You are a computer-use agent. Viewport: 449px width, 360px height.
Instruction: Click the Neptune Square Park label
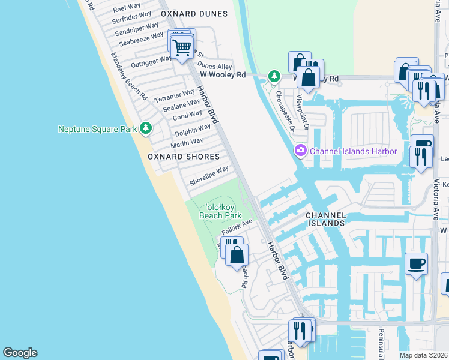(x=97, y=128)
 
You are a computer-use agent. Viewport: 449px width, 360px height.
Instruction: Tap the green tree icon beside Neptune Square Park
(x=145, y=128)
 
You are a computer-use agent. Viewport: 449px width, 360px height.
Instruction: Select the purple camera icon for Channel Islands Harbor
(x=300, y=151)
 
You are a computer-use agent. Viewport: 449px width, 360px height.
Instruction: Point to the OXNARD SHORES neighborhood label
(x=184, y=157)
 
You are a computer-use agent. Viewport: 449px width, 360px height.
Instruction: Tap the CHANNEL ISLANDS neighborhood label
(x=325, y=219)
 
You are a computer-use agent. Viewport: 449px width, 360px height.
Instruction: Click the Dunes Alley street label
(x=215, y=66)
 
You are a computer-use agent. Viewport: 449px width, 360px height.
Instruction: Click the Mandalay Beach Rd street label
(x=128, y=76)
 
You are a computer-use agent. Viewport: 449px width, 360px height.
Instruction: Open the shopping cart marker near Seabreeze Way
(x=182, y=46)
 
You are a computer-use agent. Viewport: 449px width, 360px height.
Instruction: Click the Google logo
(x=20, y=353)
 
